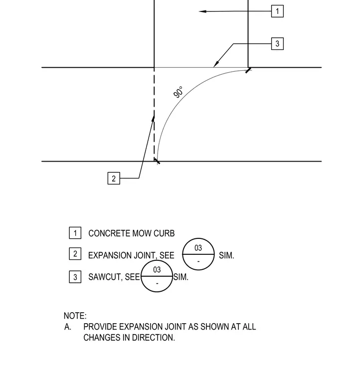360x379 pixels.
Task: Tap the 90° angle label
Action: tap(179, 92)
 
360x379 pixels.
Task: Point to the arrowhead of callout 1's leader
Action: tap(202, 11)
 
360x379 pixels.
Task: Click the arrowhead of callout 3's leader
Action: tap(216, 64)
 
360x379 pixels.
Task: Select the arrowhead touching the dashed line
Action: tap(153, 119)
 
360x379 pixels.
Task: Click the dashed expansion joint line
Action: tap(154, 114)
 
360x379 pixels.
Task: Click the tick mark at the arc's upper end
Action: tap(248, 70)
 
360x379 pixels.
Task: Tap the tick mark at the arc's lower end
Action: tap(157, 161)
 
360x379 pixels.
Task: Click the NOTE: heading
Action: tap(75, 316)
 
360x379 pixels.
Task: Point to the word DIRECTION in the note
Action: tap(154, 338)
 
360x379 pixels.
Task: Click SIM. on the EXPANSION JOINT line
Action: tap(227, 255)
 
